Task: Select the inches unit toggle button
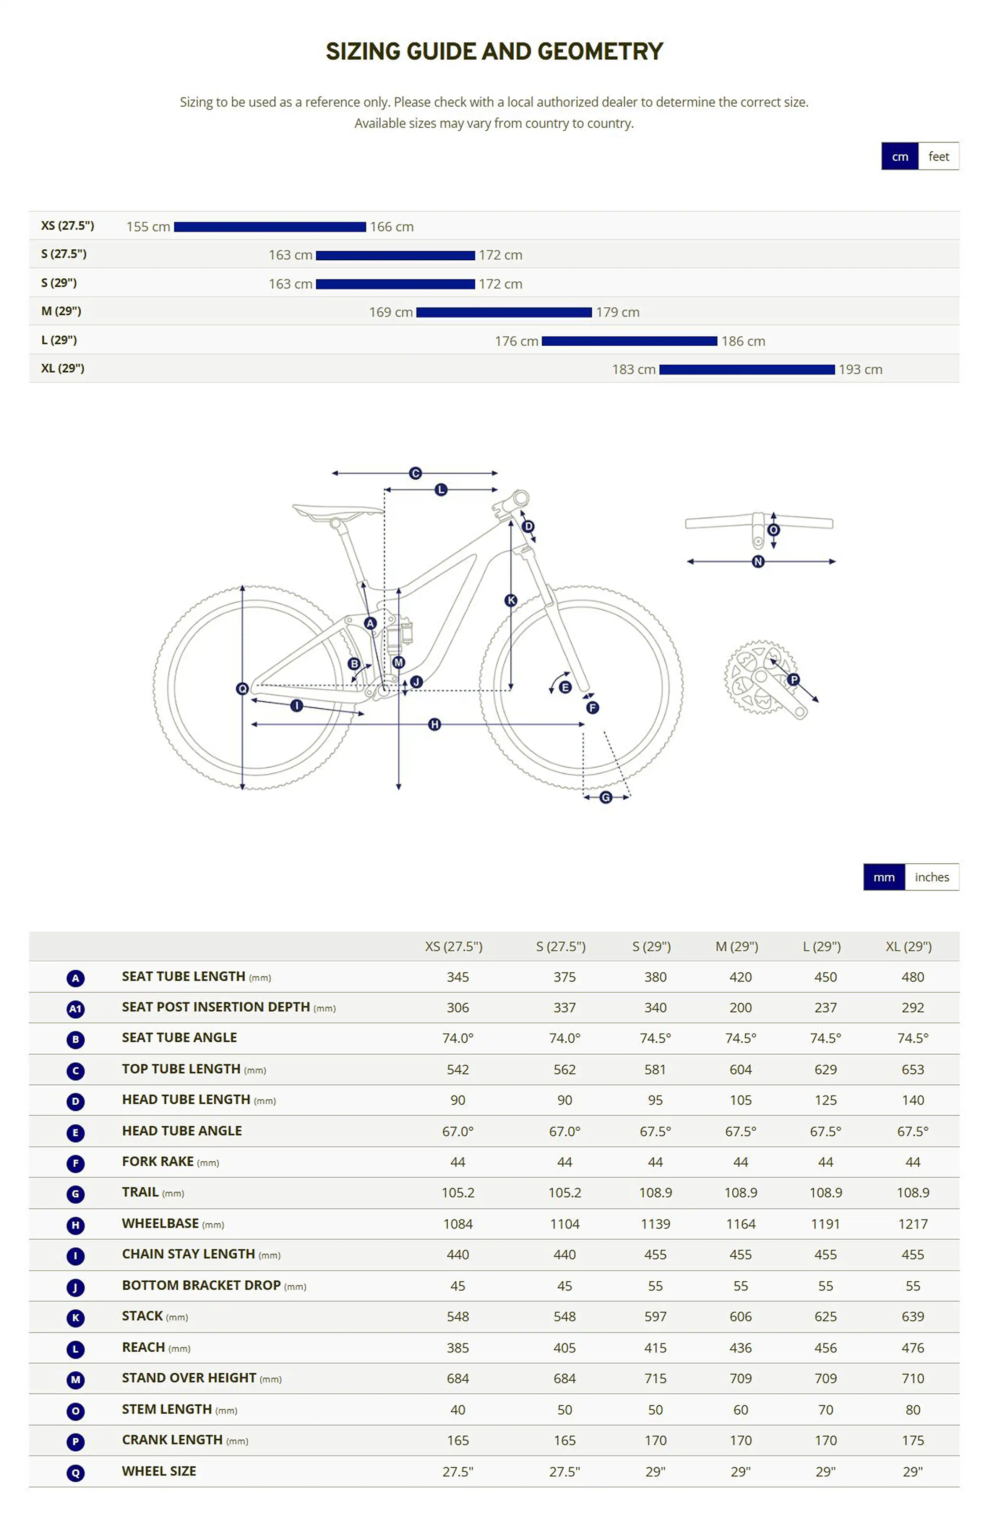tap(931, 877)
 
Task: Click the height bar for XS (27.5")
tap(269, 227)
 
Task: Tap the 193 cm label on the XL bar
tap(860, 370)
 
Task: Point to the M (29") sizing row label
tap(61, 311)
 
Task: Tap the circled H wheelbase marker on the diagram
tap(434, 724)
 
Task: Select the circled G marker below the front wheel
tap(606, 797)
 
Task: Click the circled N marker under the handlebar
tap(758, 562)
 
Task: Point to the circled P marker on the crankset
tap(793, 680)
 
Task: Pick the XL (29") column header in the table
tap(909, 946)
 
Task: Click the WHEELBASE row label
tap(161, 1224)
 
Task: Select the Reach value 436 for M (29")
tap(740, 1348)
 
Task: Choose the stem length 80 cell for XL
tap(912, 1410)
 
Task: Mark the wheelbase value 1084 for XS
tap(457, 1224)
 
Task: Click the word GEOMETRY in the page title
tap(601, 51)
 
